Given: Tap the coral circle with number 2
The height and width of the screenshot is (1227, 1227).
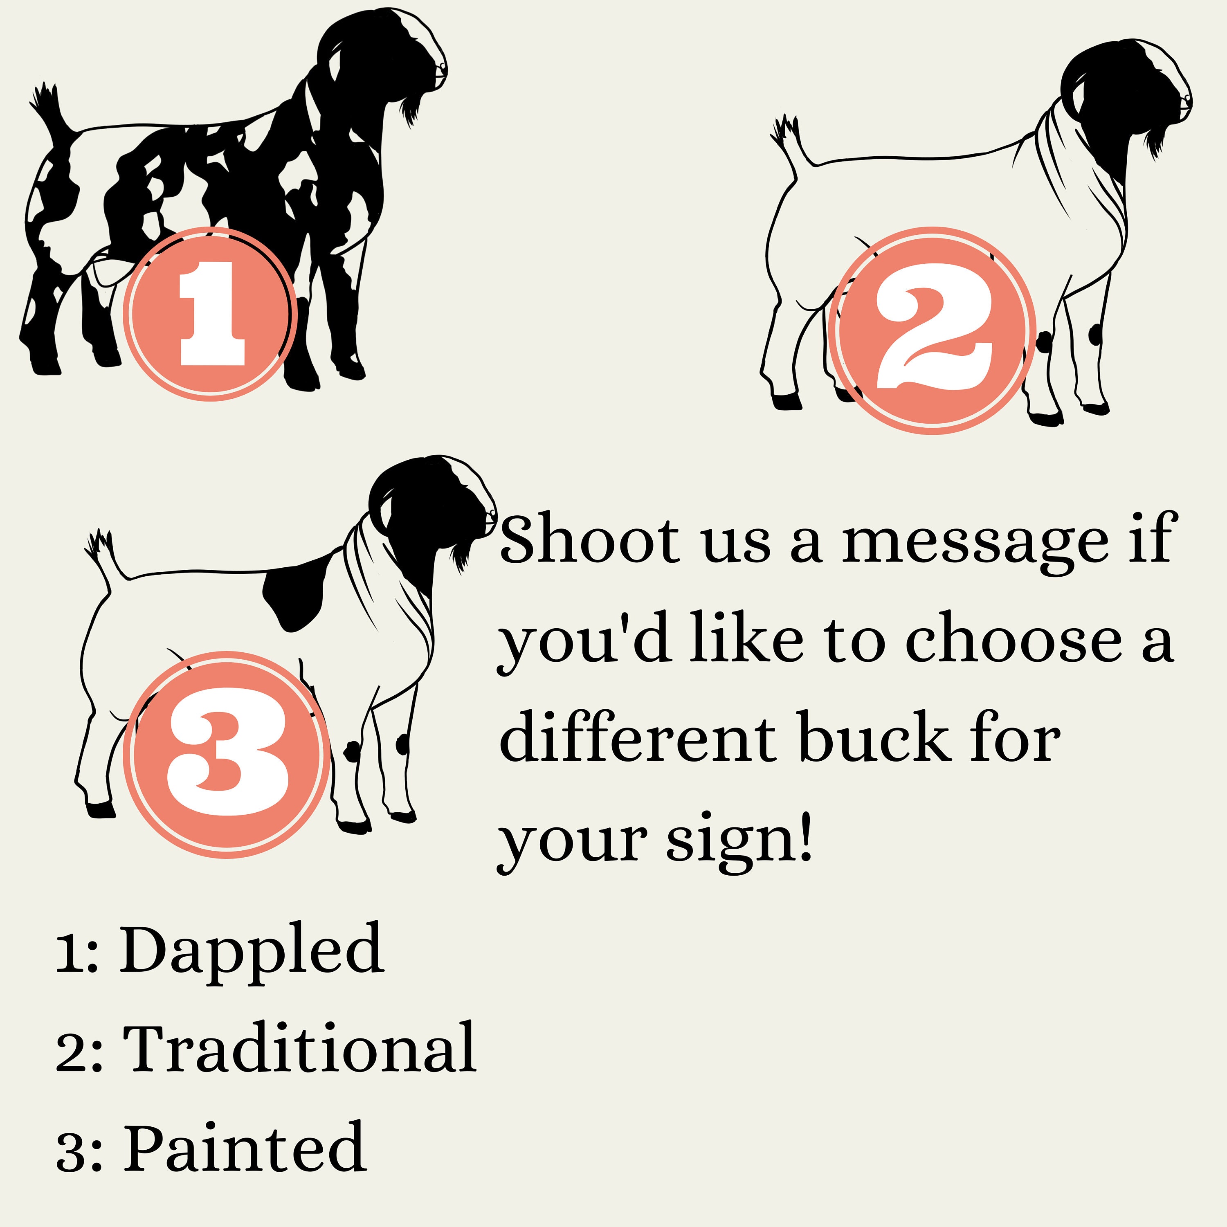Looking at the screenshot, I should coord(932,330).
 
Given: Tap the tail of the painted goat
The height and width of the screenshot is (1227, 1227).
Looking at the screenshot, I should coord(105,553).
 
